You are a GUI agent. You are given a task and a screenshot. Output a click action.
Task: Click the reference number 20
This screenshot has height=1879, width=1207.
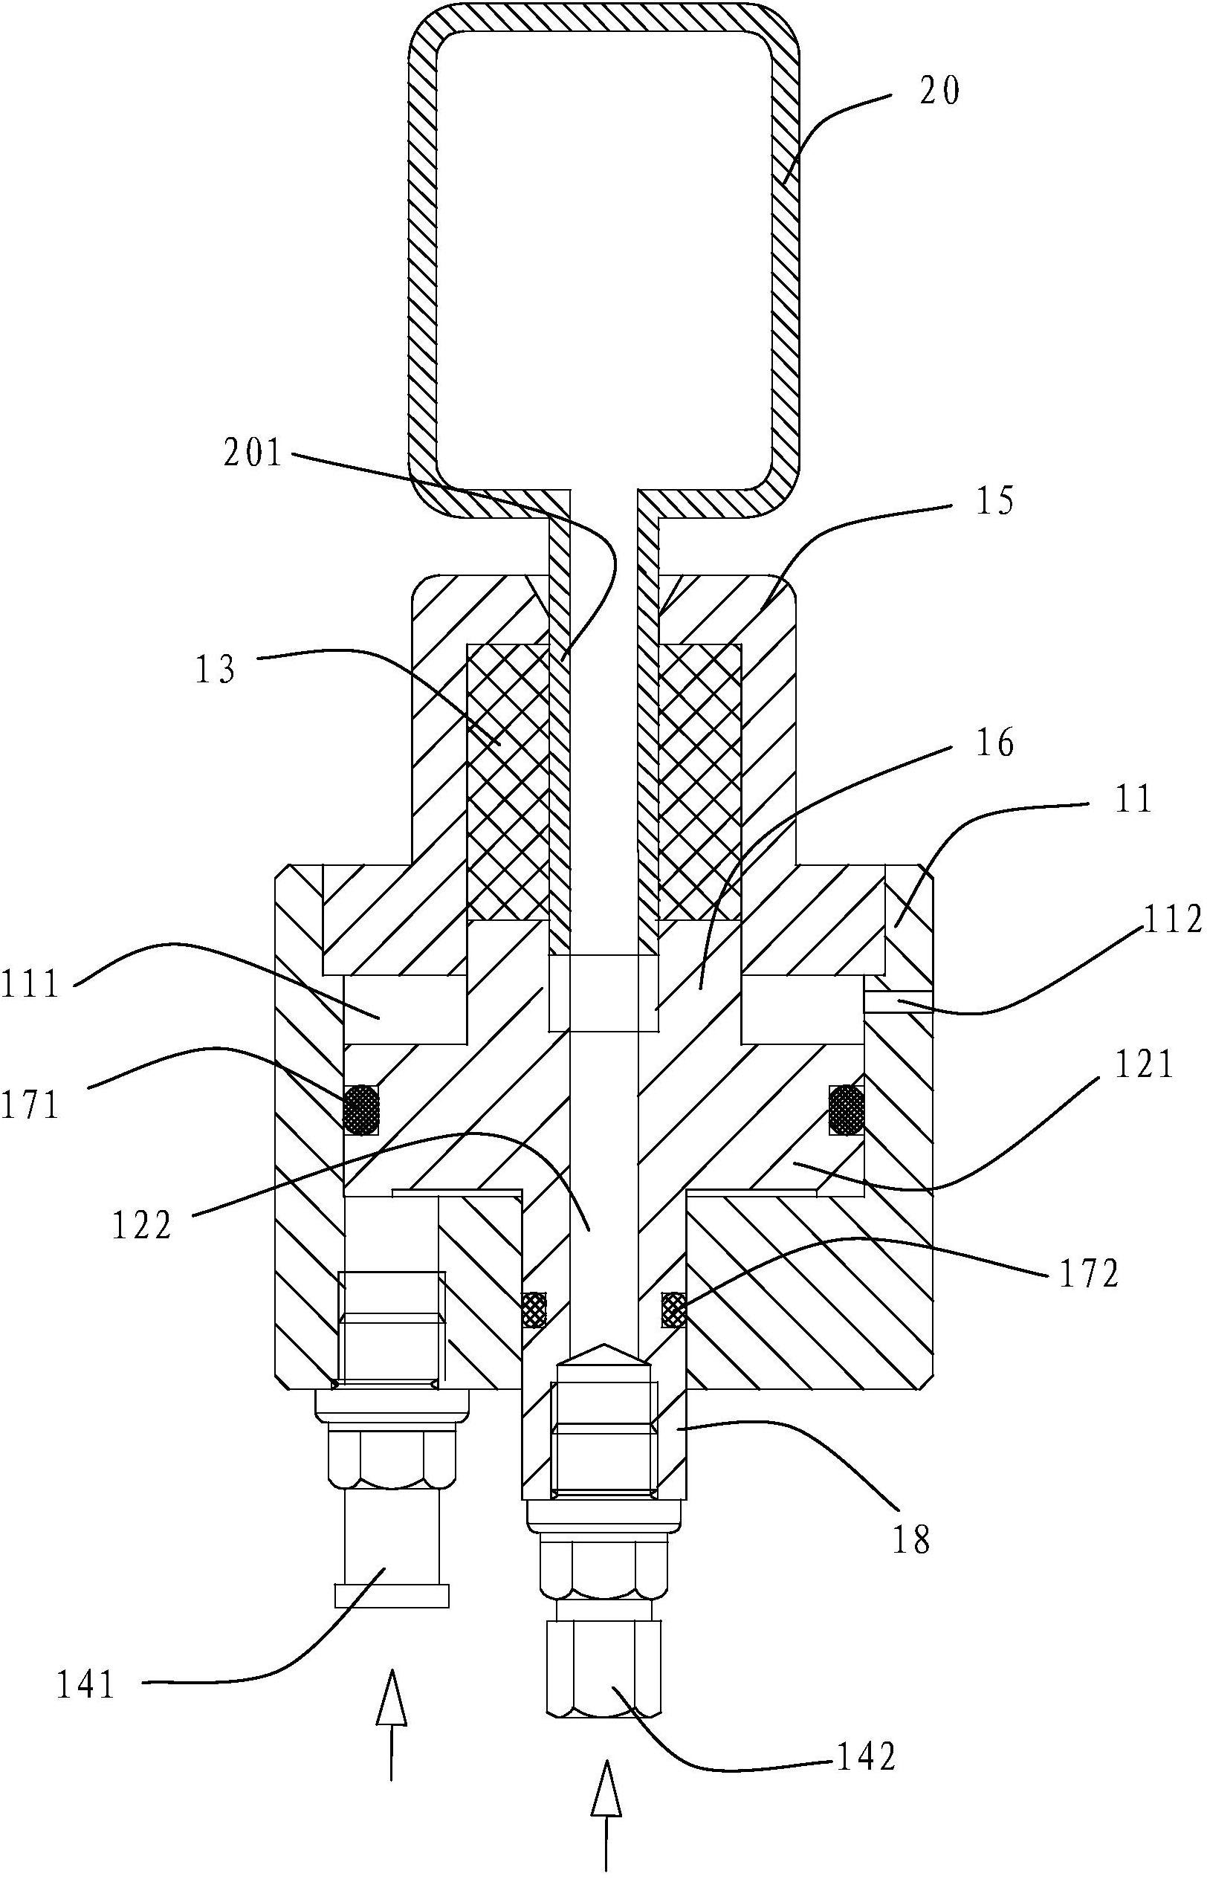click(x=939, y=92)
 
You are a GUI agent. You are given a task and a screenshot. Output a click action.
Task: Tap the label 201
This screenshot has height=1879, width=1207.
click(x=253, y=453)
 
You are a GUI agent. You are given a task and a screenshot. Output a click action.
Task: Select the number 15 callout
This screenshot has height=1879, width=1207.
click(x=994, y=501)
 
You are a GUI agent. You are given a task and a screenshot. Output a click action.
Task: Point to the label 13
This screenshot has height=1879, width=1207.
click(x=216, y=670)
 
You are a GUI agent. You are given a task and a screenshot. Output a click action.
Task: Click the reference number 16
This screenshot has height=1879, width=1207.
click(x=994, y=742)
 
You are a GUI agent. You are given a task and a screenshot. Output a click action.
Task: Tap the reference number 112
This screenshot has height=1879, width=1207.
click(x=1172, y=922)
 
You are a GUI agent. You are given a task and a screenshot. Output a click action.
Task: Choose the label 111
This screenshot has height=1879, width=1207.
click(x=31, y=985)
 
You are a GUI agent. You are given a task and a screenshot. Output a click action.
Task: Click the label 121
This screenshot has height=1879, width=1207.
click(x=1145, y=1066)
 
